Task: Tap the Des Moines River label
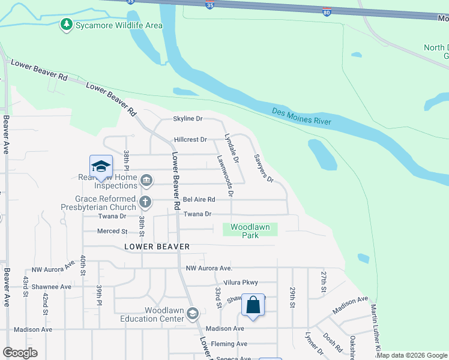[x=301, y=116]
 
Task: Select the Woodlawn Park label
[x=250, y=231]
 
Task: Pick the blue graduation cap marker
[x=101, y=167]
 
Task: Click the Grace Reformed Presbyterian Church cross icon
[x=145, y=202]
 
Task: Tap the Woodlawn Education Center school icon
[x=192, y=313]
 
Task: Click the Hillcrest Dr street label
[x=190, y=140]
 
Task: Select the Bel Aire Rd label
[x=199, y=199]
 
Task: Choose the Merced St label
[x=112, y=231]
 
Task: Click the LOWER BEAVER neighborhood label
[x=157, y=247]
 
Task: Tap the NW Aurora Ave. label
[x=209, y=268]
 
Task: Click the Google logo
[x=20, y=353]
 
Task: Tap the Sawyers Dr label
[x=264, y=169]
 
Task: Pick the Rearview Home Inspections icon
[x=146, y=180]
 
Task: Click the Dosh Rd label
[x=331, y=344]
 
